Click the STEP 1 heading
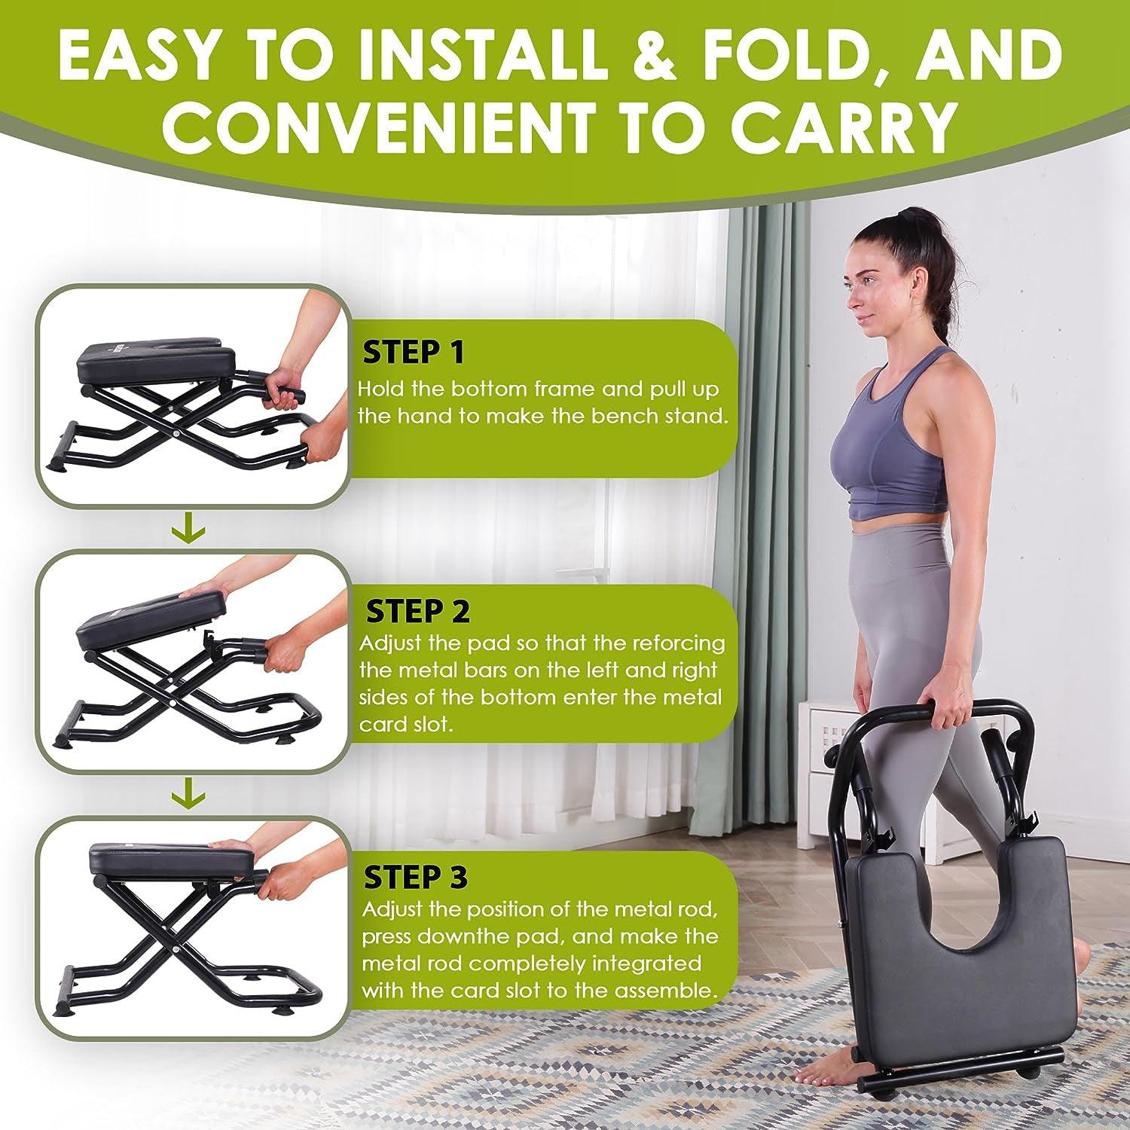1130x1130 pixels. [x=414, y=352]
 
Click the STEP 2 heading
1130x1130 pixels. [x=418, y=611]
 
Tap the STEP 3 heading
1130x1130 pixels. [x=415, y=877]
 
